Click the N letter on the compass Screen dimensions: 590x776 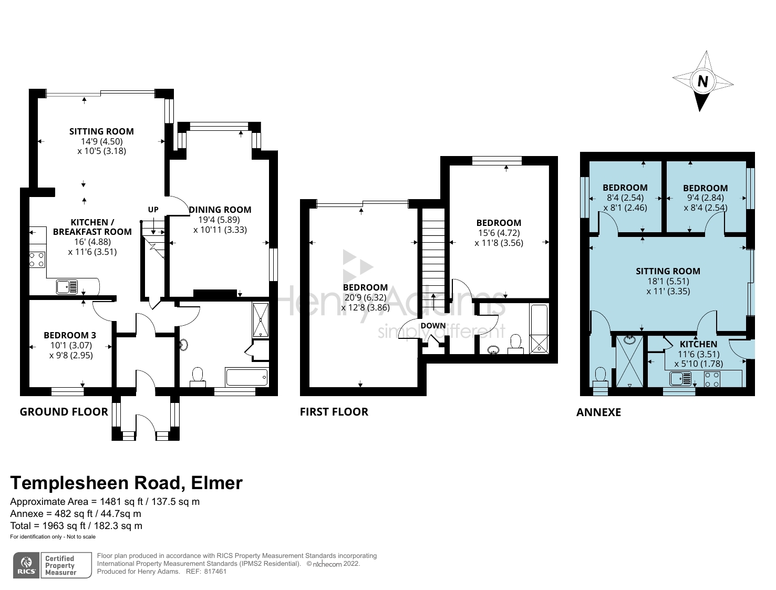(702, 81)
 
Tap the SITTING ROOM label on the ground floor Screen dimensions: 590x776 (101, 131)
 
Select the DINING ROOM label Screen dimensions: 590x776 (221, 210)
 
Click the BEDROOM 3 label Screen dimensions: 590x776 (70, 335)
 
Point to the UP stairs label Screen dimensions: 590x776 (153, 210)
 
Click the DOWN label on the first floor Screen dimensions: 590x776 (433, 326)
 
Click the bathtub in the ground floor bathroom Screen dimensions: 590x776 (246, 377)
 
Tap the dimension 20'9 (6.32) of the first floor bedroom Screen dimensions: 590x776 (365, 297)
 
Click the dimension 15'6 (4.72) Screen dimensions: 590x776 (499, 233)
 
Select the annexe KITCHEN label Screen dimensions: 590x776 (698, 344)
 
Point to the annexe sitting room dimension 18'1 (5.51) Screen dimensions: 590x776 (668, 281)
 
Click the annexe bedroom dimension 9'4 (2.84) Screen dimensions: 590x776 (705, 198)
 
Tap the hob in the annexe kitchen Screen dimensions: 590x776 (712, 379)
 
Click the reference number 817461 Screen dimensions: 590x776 (215, 572)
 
